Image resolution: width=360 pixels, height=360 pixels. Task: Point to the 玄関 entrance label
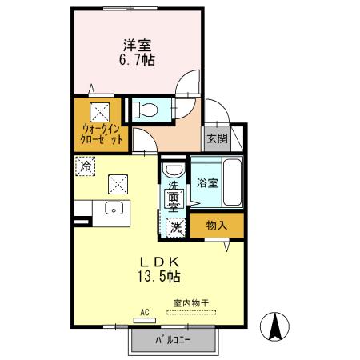click(217, 138)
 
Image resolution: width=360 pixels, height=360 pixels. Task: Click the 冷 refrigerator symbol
click(86, 166)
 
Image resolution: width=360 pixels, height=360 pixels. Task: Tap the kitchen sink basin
click(113, 210)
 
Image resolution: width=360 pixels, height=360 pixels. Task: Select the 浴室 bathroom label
click(207, 182)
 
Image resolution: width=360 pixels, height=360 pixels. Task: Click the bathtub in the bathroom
click(232, 183)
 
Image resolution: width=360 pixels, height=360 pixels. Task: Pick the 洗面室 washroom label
click(173, 198)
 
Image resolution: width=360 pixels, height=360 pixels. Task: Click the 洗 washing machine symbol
click(176, 227)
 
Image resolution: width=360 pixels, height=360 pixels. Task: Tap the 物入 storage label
click(215, 226)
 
